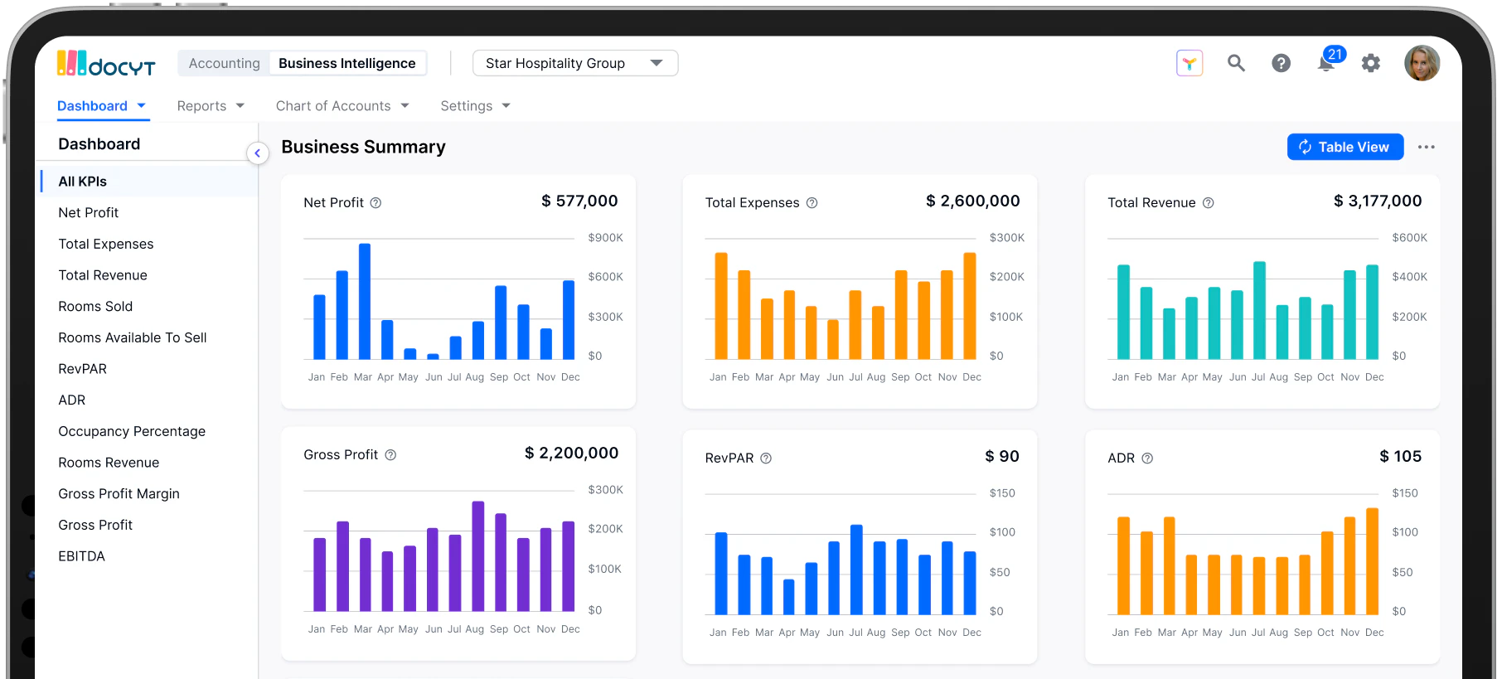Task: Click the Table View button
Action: click(1345, 147)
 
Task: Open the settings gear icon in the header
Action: click(1371, 63)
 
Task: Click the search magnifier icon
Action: click(1236, 63)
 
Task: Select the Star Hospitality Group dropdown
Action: click(574, 63)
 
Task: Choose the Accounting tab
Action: click(224, 63)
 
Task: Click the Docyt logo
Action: click(106, 64)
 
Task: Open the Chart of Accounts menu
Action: click(342, 106)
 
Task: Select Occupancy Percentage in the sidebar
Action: click(132, 431)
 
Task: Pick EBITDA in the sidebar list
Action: click(81, 556)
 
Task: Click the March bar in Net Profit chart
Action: click(364, 303)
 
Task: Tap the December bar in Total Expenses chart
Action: click(969, 307)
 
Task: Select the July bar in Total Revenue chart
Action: click(1259, 311)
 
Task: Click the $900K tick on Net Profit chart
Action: click(605, 238)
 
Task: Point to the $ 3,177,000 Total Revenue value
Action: click(1377, 201)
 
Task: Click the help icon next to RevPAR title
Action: click(766, 458)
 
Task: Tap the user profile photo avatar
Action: click(1422, 63)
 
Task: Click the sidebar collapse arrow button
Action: click(257, 153)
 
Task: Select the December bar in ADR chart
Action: click(1372, 562)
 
